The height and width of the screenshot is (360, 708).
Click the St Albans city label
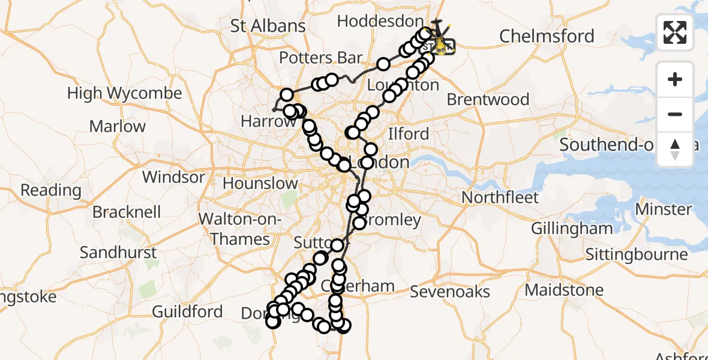point(268,26)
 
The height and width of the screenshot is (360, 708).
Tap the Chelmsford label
point(547,36)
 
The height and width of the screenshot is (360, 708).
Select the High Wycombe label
point(124,94)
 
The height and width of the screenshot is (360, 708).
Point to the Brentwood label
point(488,99)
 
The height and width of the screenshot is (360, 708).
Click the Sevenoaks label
point(450,292)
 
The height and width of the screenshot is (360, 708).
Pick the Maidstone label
point(564,290)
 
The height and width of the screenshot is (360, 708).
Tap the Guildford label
point(187,311)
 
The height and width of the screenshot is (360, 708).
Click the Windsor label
point(173,178)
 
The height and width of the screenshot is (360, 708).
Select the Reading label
point(51,190)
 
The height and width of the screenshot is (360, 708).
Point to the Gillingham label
point(572,228)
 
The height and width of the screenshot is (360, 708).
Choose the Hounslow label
point(260,183)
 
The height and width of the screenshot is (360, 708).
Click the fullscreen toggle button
point(675,32)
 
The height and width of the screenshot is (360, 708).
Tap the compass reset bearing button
point(675,149)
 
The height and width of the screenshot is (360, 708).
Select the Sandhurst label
point(118,253)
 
